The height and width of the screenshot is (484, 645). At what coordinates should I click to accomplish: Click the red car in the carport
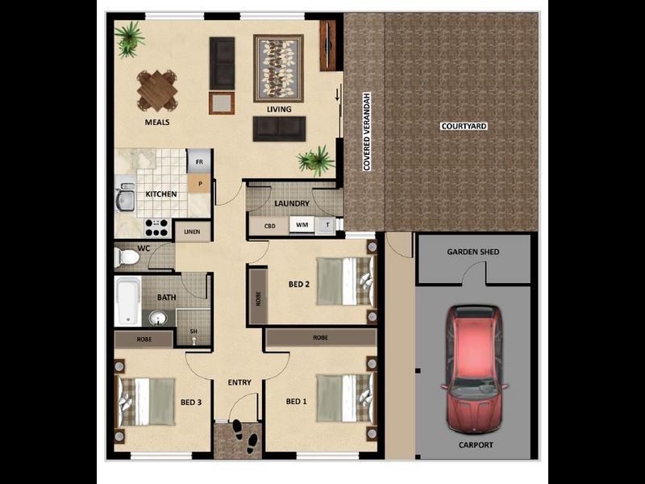473,367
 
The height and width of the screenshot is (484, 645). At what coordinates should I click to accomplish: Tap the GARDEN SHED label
473,252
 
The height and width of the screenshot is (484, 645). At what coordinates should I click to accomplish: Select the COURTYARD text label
464,126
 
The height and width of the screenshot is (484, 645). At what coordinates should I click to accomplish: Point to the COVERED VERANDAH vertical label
367,131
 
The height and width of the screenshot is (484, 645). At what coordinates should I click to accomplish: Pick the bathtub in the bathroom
127,301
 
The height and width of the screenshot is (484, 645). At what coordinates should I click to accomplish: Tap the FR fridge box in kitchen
199,162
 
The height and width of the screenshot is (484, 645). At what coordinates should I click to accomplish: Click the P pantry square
199,184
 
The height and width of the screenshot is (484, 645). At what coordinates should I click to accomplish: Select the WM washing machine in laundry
302,225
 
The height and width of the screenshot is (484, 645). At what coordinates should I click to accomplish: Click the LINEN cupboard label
192,232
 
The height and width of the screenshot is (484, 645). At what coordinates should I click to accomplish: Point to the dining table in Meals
157,90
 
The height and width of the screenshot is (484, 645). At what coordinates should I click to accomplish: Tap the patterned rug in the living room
278,67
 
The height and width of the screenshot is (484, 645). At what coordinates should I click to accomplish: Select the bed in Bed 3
147,401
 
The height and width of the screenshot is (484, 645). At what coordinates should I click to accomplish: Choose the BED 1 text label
297,401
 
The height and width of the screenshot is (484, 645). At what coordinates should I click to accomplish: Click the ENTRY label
239,382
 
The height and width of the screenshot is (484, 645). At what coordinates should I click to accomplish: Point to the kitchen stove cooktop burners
156,227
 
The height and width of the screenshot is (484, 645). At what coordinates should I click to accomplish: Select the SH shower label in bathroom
193,332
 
